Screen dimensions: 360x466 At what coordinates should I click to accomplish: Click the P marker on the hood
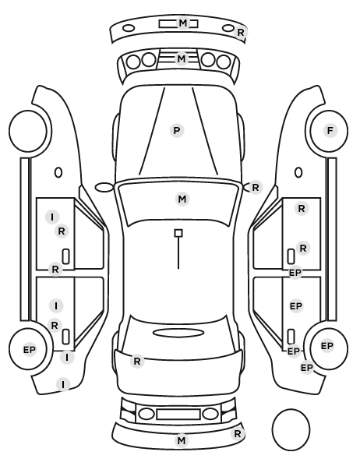pos(177,130)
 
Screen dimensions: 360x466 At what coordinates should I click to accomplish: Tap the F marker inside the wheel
pos(330,130)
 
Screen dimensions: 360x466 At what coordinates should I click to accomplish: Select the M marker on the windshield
pos(182,199)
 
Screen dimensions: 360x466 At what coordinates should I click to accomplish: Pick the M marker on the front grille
pos(182,59)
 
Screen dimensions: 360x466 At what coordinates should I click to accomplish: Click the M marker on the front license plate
pos(183,23)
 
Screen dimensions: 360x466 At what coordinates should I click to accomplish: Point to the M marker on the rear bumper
pos(182,440)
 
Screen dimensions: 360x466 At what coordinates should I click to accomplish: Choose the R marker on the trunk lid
pos(137,362)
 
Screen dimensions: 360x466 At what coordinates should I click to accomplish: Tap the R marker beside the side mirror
pos(256,188)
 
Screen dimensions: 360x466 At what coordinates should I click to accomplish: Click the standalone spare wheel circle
pos(291,429)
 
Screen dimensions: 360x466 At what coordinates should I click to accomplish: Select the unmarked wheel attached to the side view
pos(28,131)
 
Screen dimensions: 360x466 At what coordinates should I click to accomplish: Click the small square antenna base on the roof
pos(178,233)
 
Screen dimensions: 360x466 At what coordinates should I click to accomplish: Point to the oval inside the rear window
pos(178,334)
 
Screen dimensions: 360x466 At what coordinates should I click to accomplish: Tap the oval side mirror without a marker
pos(104,187)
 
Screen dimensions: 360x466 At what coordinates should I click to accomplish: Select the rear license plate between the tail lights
pos(178,414)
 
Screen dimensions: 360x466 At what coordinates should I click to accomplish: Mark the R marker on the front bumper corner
pos(241,33)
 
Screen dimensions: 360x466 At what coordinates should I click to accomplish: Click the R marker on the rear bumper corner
pos(237,434)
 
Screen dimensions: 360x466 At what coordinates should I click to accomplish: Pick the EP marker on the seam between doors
pos(295,273)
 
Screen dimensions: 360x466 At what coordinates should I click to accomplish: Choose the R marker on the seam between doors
pos(55,270)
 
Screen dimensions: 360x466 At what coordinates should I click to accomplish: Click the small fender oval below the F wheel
pos(298,173)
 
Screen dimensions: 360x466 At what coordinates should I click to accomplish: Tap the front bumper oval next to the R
pos(228,28)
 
